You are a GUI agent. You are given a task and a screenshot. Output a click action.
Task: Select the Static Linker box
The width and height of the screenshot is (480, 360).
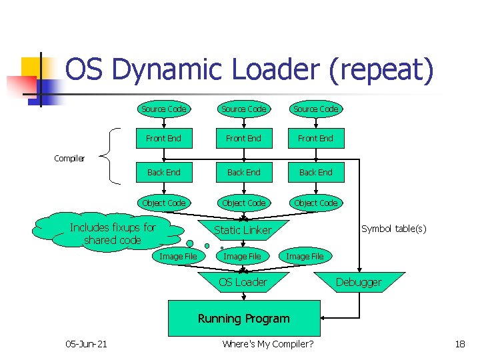(243, 230)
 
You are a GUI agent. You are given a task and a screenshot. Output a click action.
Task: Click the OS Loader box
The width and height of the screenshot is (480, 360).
(243, 282)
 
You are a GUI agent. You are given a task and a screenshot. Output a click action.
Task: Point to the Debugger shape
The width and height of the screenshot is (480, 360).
(359, 282)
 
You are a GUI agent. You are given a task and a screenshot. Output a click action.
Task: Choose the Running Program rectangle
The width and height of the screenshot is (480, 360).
(243, 319)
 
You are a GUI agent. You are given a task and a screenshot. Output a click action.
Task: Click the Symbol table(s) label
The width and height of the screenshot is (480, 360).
(393, 229)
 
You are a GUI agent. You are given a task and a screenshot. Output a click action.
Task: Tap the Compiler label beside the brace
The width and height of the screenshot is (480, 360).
(69, 158)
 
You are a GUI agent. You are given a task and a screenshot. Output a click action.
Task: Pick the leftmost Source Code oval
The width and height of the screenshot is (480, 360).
(164, 109)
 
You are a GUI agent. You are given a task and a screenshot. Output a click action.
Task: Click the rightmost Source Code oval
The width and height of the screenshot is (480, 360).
(315, 109)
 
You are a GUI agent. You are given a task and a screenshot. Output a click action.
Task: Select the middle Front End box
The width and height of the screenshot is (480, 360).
(243, 139)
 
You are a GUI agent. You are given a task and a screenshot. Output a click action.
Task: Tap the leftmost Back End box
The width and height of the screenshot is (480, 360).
(164, 172)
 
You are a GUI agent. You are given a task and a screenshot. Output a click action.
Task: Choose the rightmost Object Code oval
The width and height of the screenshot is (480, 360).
(315, 203)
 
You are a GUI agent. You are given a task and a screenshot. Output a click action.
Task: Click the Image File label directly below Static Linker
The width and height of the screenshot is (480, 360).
(242, 256)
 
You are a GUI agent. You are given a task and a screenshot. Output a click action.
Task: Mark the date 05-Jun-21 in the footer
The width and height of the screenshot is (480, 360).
(86, 343)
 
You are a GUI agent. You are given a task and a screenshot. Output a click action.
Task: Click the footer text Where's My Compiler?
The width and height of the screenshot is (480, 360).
(267, 343)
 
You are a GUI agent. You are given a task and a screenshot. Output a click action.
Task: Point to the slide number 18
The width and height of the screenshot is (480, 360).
(459, 343)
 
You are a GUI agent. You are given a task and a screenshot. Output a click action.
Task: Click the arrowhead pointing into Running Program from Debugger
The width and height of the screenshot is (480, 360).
(323, 319)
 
